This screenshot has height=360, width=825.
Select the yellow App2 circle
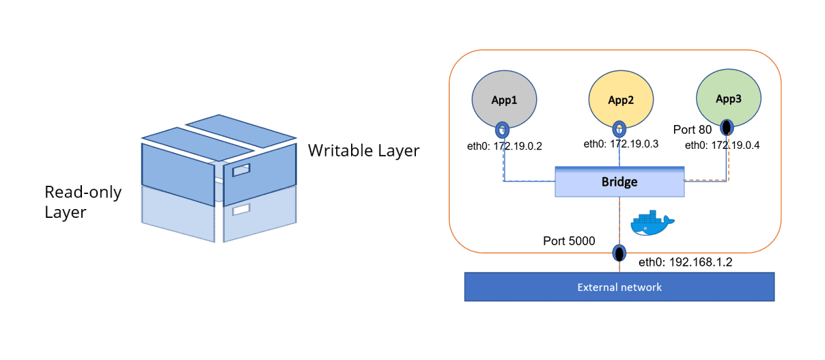click(x=620, y=99)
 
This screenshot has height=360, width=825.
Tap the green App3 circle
click(x=727, y=98)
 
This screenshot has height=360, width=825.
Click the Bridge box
click(x=619, y=182)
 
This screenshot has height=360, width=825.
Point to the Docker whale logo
click(x=652, y=223)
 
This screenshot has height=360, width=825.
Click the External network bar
click(x=619, y=287)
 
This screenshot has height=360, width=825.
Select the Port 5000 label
click(x=568, y=241)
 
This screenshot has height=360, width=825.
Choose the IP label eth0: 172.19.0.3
click(x=621, y=144)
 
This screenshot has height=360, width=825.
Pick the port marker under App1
click(x=503, y=129)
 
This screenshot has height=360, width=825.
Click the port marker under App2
click(x=619, y=128)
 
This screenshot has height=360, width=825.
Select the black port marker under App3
click(x=727, y=126)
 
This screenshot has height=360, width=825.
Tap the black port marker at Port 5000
click(x=619, y=253)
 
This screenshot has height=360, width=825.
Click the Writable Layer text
click(x=363, y=150)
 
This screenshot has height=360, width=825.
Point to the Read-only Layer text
click(x=83, y=202)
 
